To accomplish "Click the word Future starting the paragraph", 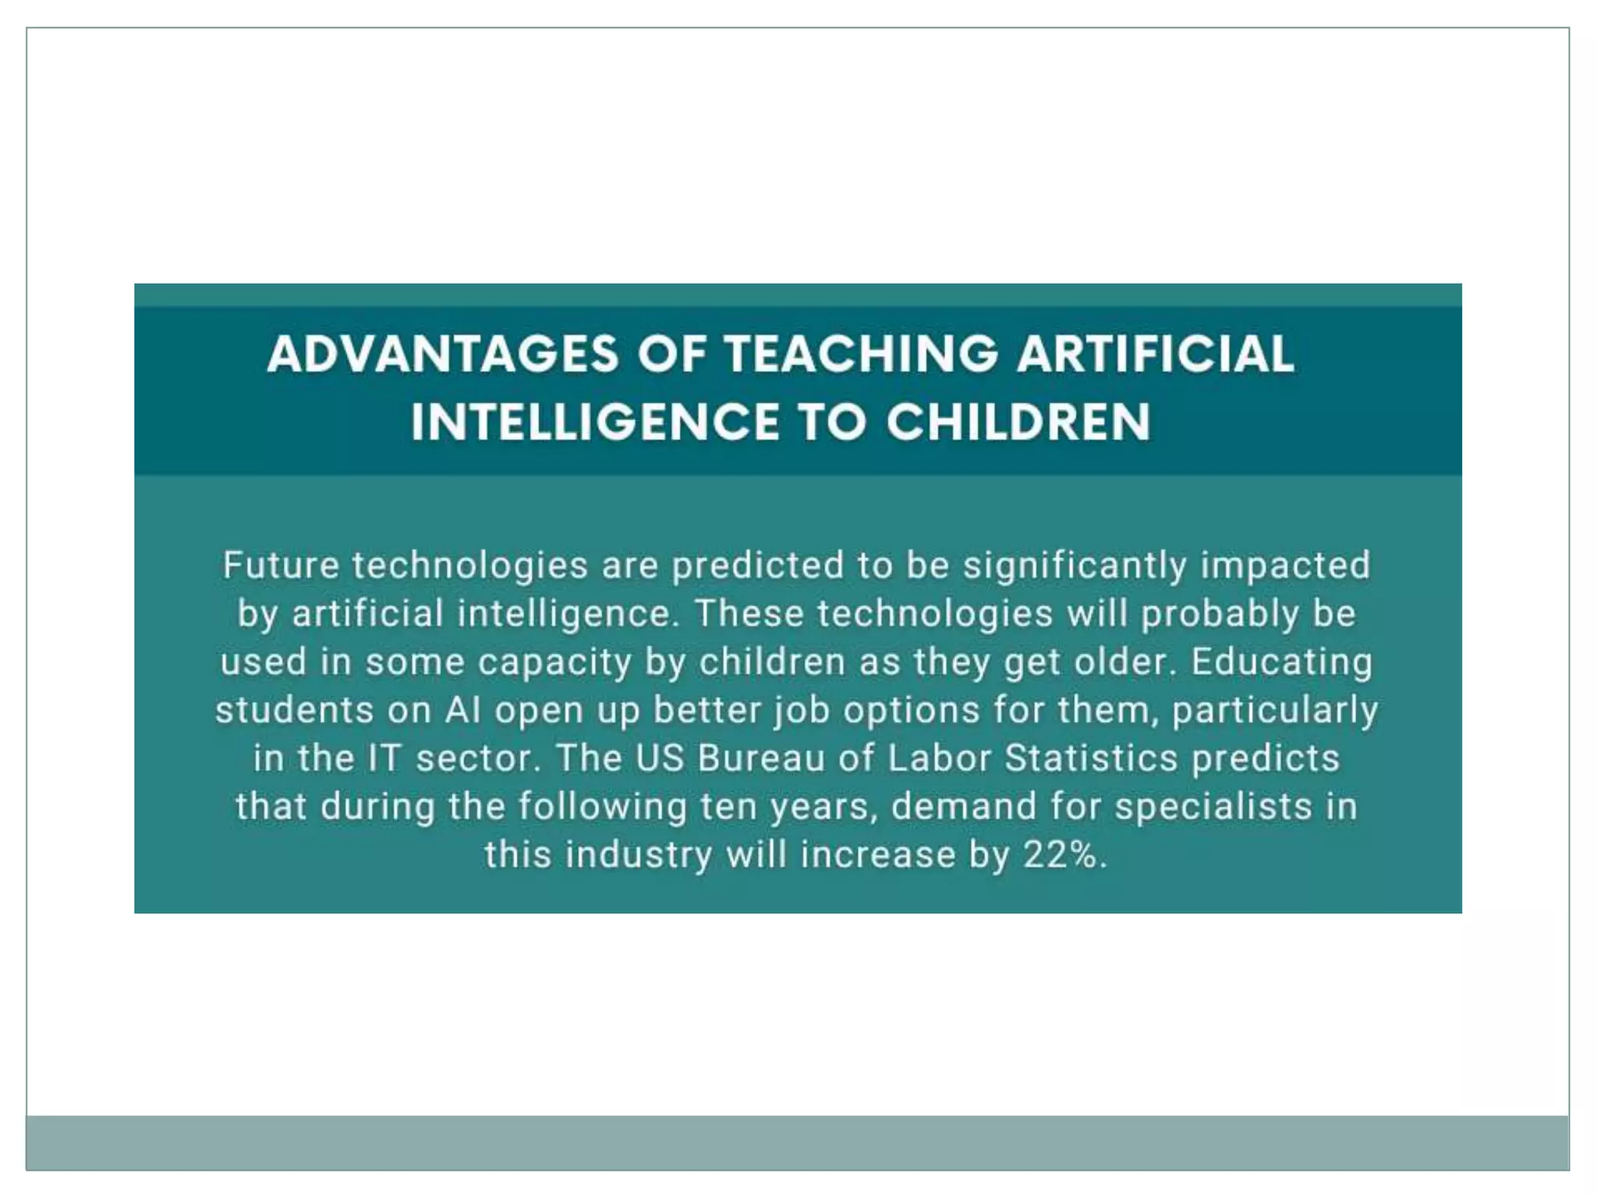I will tap(281, 565).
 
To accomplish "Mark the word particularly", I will tap(1275, 711).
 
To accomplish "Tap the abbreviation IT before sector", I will tap(384, 758).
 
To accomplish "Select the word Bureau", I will tap(761, 758).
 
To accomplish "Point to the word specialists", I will tap(1213, 807).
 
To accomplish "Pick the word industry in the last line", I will tap(639, 855).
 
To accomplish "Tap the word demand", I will tap(964, 807).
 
